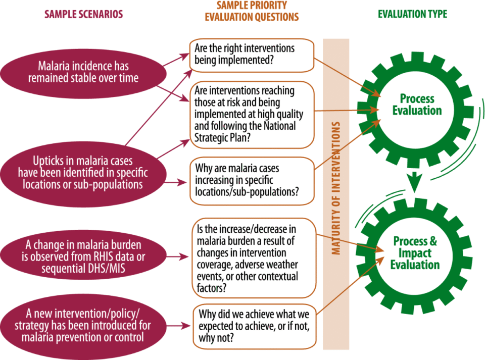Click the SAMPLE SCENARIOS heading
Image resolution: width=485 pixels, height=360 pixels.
83,14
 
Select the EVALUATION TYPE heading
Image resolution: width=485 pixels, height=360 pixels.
412,14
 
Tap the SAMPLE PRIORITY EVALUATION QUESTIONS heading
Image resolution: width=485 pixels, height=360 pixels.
252,11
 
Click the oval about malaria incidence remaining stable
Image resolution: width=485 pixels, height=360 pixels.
83,72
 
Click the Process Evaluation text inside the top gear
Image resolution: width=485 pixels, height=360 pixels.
417,105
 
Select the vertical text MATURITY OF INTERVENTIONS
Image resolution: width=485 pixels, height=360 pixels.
336,187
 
